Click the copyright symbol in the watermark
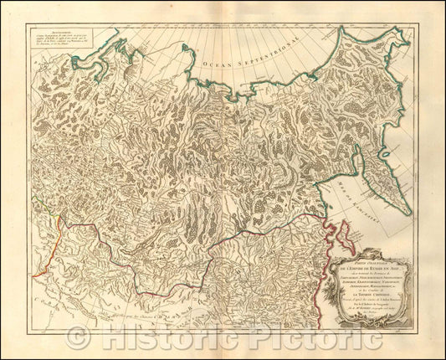[79, 338]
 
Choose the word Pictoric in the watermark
[310, 338]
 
